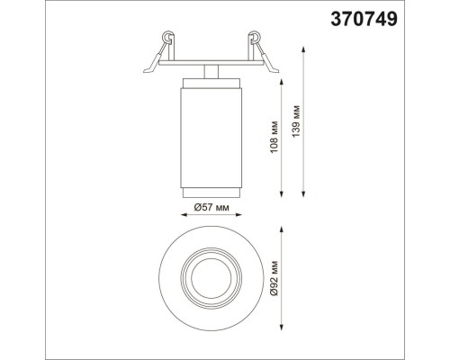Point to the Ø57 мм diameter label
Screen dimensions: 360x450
tap(212, 208)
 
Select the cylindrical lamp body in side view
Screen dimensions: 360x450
tap(210, 135)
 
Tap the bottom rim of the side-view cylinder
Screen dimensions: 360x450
tap(210, 192)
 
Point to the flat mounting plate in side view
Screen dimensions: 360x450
tap(210, 63)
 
